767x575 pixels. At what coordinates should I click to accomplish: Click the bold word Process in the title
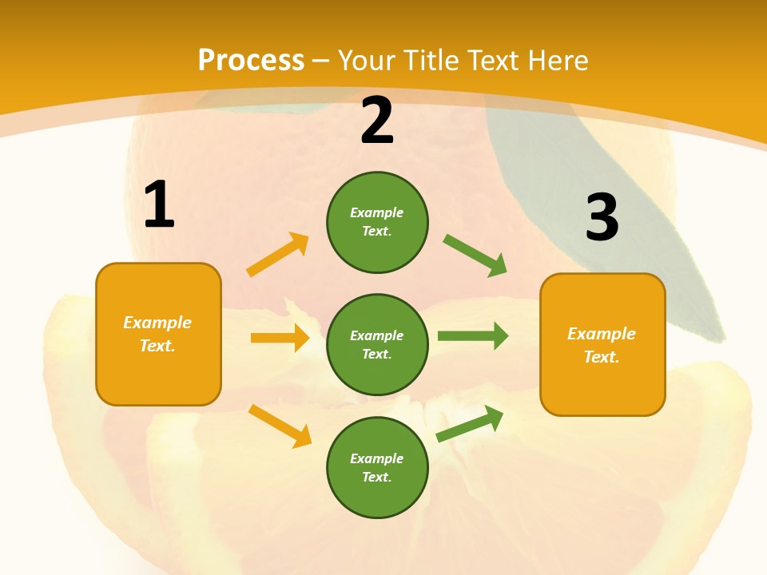tap(251, 61)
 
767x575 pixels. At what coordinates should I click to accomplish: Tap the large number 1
tap(159, 205)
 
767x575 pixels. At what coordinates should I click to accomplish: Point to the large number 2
tap(377, 121)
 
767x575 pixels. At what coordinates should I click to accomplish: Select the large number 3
tap(602, 218)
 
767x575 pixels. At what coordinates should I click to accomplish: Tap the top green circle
tap(377, 222)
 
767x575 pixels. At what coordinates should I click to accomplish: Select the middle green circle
tap(377, 345)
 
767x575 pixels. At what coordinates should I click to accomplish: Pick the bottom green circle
tap(377, 468)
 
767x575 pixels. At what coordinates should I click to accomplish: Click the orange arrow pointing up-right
tap(277, 256)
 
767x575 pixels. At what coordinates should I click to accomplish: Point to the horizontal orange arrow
tap(280, 338)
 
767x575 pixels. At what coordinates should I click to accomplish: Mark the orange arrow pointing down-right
tap(280, 426)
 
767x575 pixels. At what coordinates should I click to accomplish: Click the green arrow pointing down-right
tap(475, 256)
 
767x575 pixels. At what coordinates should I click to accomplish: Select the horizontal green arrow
tap(473, 335)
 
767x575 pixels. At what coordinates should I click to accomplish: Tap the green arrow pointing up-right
tap(470, 423)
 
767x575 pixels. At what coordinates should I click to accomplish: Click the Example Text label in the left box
tap(158, 334)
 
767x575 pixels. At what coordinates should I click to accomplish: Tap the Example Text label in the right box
tap(602, 345)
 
